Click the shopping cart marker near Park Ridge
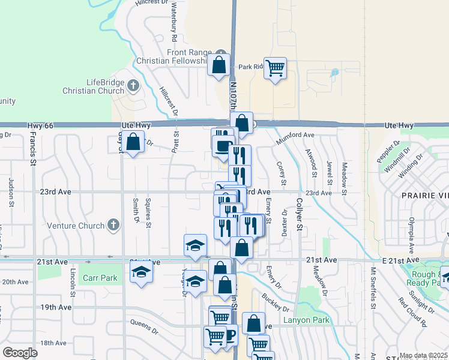[275, 68]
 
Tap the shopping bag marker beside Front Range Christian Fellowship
[219, 65]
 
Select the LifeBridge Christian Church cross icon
[133, 86]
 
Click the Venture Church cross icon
[112, 225]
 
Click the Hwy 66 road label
[40, 125]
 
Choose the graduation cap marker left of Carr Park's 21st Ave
[142, 272]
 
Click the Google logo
[20, 352]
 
